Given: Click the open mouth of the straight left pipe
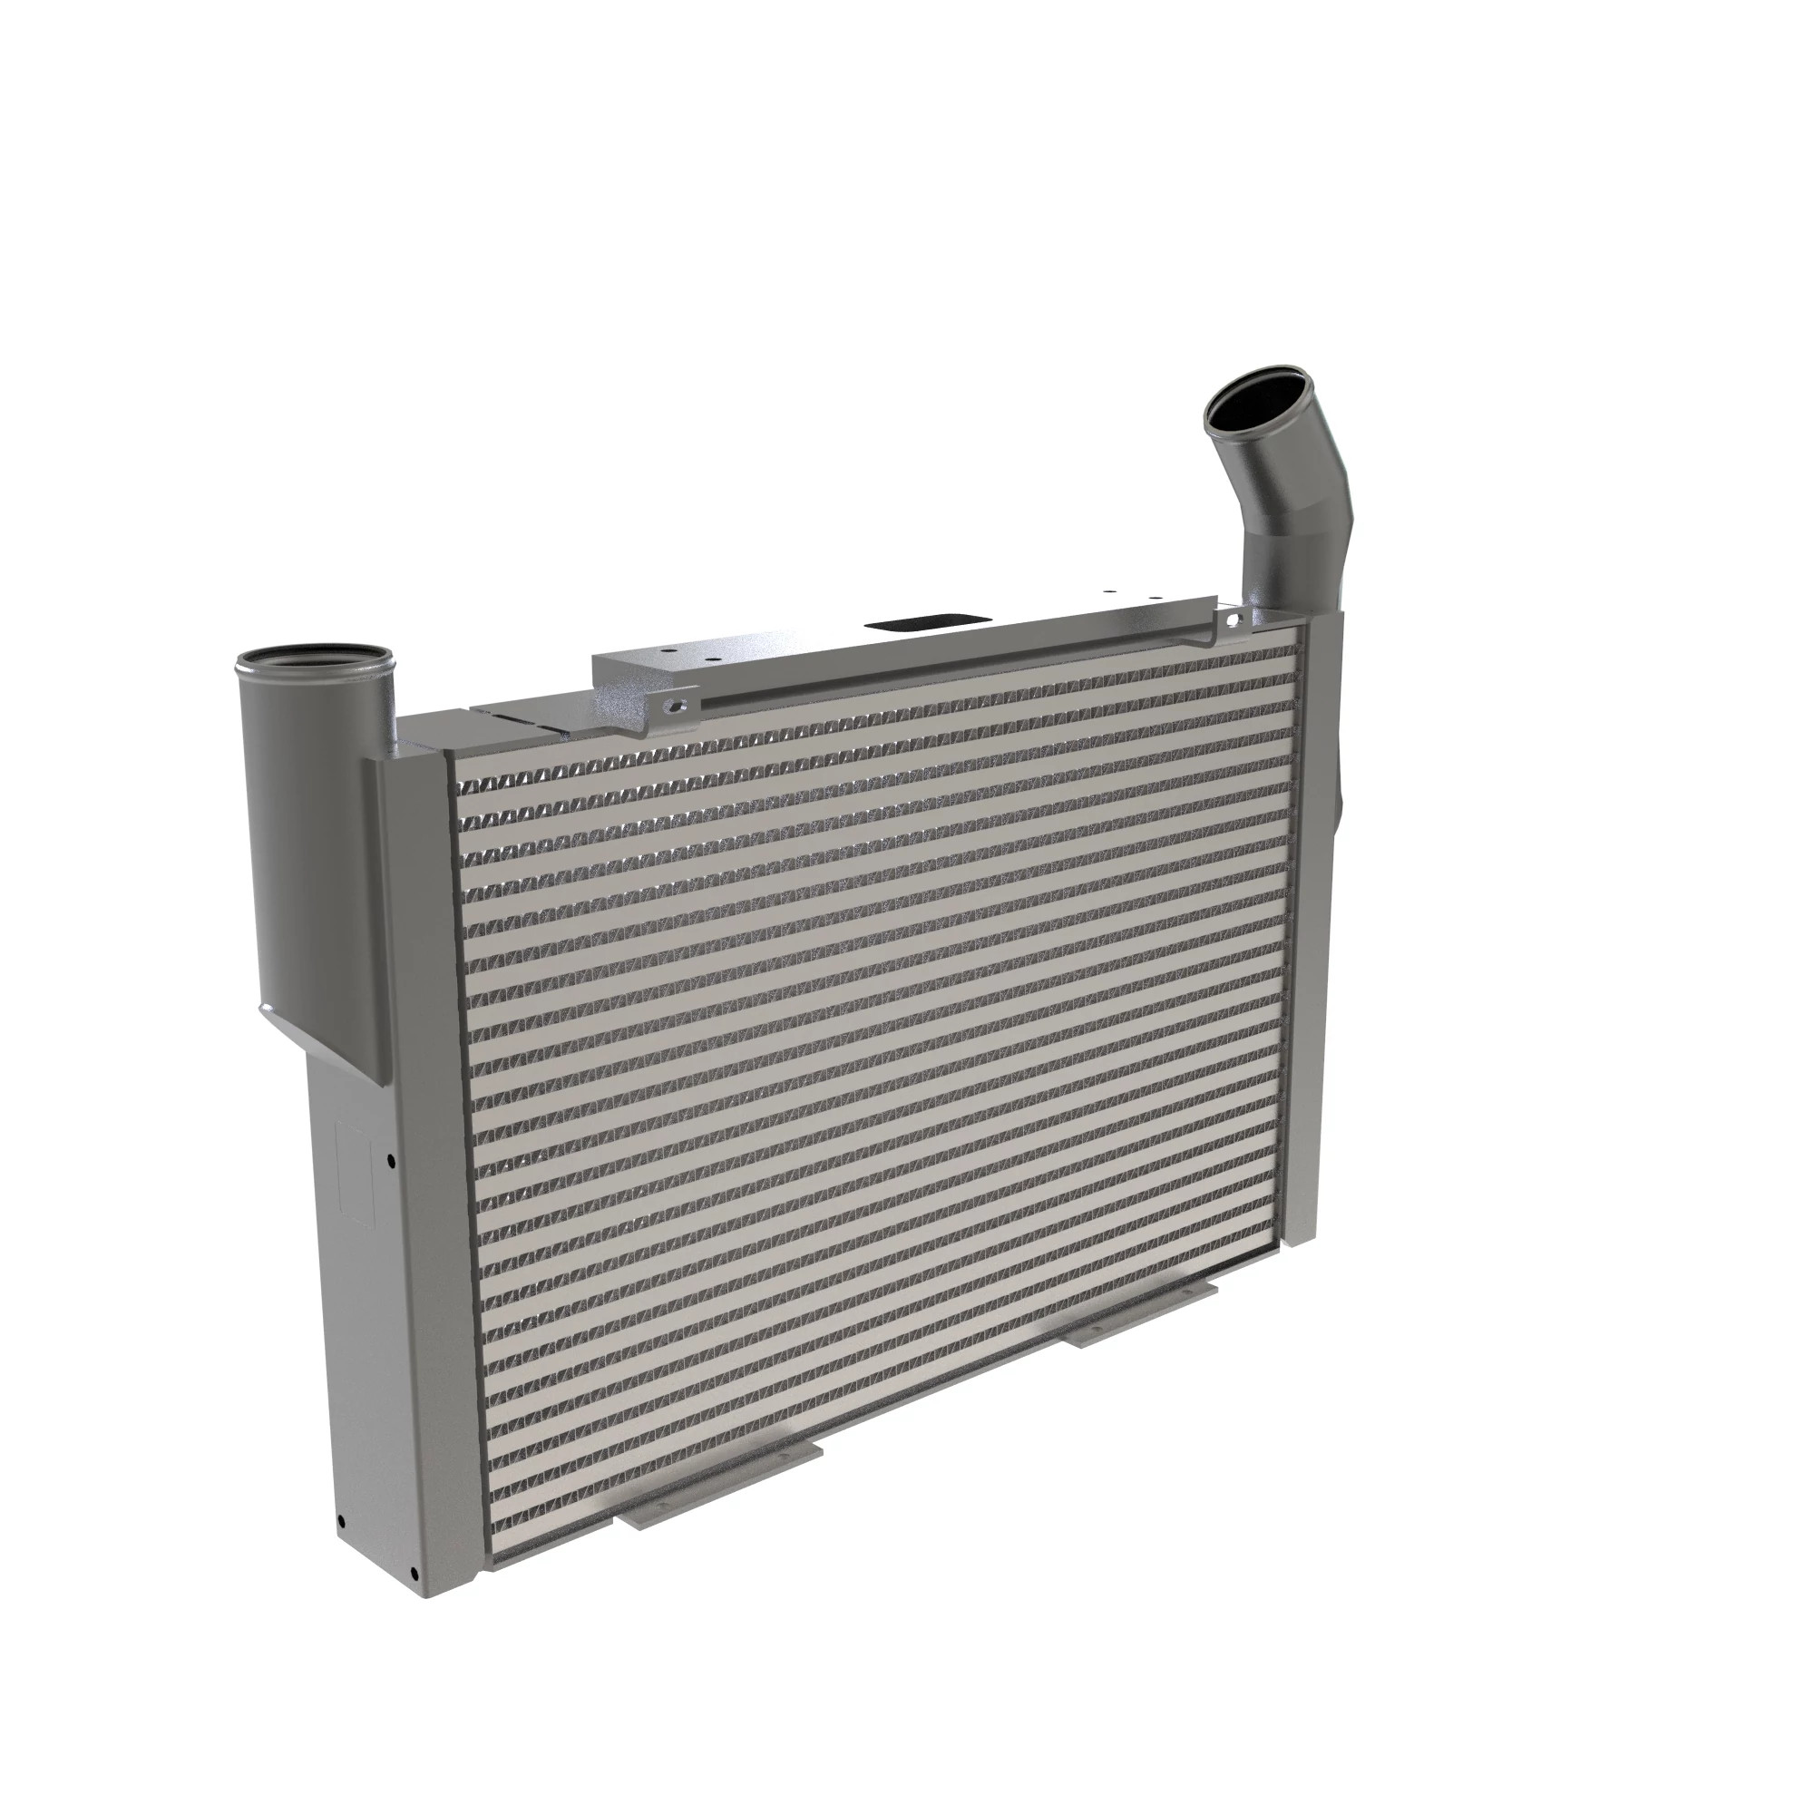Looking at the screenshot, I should (313, 660).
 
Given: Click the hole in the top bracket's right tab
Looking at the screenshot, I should (1232, 619).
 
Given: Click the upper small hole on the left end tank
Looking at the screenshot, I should (391, 1163).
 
